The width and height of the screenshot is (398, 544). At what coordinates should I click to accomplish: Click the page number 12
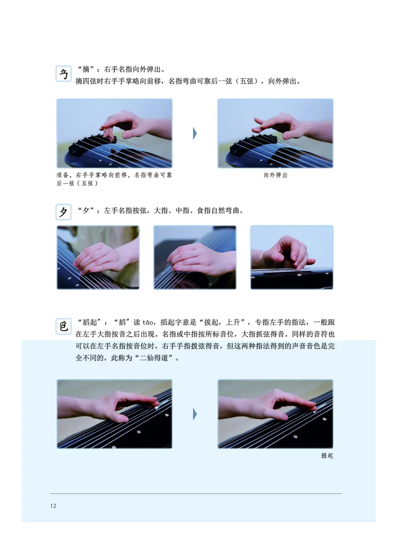pos(53,506)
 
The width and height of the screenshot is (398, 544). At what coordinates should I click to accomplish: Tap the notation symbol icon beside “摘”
pos(64,73)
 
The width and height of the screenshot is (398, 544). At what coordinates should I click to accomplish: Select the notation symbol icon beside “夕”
pos(64,212)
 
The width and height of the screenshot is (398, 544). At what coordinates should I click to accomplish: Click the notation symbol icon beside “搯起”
pos(64,326)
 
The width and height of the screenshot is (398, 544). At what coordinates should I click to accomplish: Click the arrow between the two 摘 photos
pos(195,133)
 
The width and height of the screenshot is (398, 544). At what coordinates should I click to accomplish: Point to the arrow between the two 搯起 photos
pos(195,414)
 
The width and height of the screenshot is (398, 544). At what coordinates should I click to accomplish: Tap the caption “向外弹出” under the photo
pos(276,176)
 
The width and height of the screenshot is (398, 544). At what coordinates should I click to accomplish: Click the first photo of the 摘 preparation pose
pos(114,133)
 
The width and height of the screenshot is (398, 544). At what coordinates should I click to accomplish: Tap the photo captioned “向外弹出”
pos(276,133)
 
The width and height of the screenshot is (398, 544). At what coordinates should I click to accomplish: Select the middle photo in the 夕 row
pos(195,257)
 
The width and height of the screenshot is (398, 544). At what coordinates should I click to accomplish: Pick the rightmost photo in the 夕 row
pos(292,257)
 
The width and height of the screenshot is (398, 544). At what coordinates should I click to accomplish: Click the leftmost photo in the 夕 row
pos(98,257)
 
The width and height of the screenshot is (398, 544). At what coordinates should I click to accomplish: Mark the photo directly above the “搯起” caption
pos(276,414)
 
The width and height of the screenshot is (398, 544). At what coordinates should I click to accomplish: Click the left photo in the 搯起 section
pos(114,414)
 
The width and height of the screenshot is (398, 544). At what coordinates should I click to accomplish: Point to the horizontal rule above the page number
pos(196,493)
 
